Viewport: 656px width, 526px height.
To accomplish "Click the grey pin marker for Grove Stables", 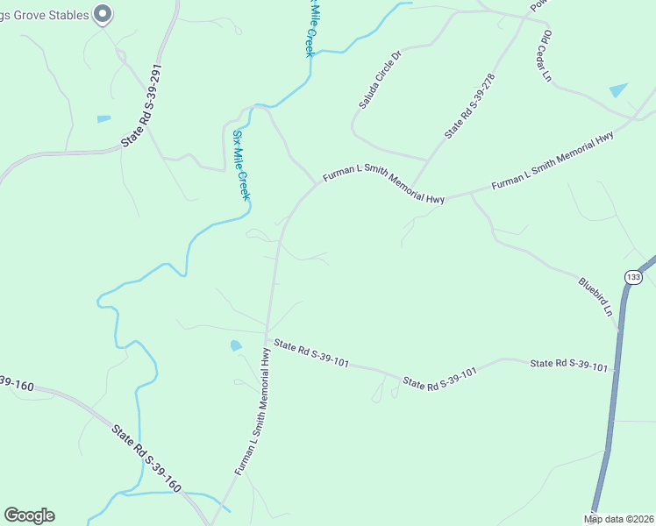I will coord(103,13).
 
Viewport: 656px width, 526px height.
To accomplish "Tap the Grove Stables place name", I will coord(45,14).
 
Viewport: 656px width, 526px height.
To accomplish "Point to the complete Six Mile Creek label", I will coord(241,165).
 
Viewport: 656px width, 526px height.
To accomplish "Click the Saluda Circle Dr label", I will coord(379,80).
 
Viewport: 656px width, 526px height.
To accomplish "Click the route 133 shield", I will coord(632,277).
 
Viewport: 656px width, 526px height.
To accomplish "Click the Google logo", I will coord(29,515).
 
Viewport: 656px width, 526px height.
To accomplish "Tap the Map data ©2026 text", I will coord(618,519).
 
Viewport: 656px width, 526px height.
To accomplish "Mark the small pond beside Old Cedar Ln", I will coord(618,89).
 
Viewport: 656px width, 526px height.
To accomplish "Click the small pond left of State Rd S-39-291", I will coord(104,118).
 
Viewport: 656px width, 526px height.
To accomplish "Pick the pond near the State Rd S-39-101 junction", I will coord(235,345).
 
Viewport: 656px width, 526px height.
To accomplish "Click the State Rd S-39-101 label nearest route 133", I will coord(568,364).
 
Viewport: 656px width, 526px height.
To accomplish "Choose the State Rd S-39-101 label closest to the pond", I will coord(311,353).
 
